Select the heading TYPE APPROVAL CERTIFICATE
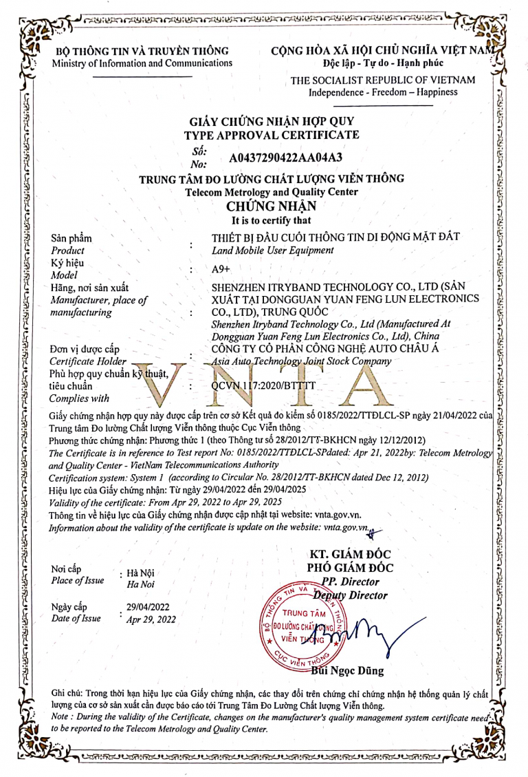[x=272, y=135]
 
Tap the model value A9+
[x=221, y=270]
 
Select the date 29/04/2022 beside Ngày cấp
[x=148, y=607]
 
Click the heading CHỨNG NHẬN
[x=271, y=206]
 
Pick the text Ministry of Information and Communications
[x=142, y=63]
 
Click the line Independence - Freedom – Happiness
[x=383, y=92]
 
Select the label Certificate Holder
[x=88, y=361]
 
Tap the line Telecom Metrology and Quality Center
[x=272, y=192]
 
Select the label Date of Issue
[x=76, y=619]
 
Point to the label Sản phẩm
[x=71, y=238]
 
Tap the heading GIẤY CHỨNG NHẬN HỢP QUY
[x=272, y=121]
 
